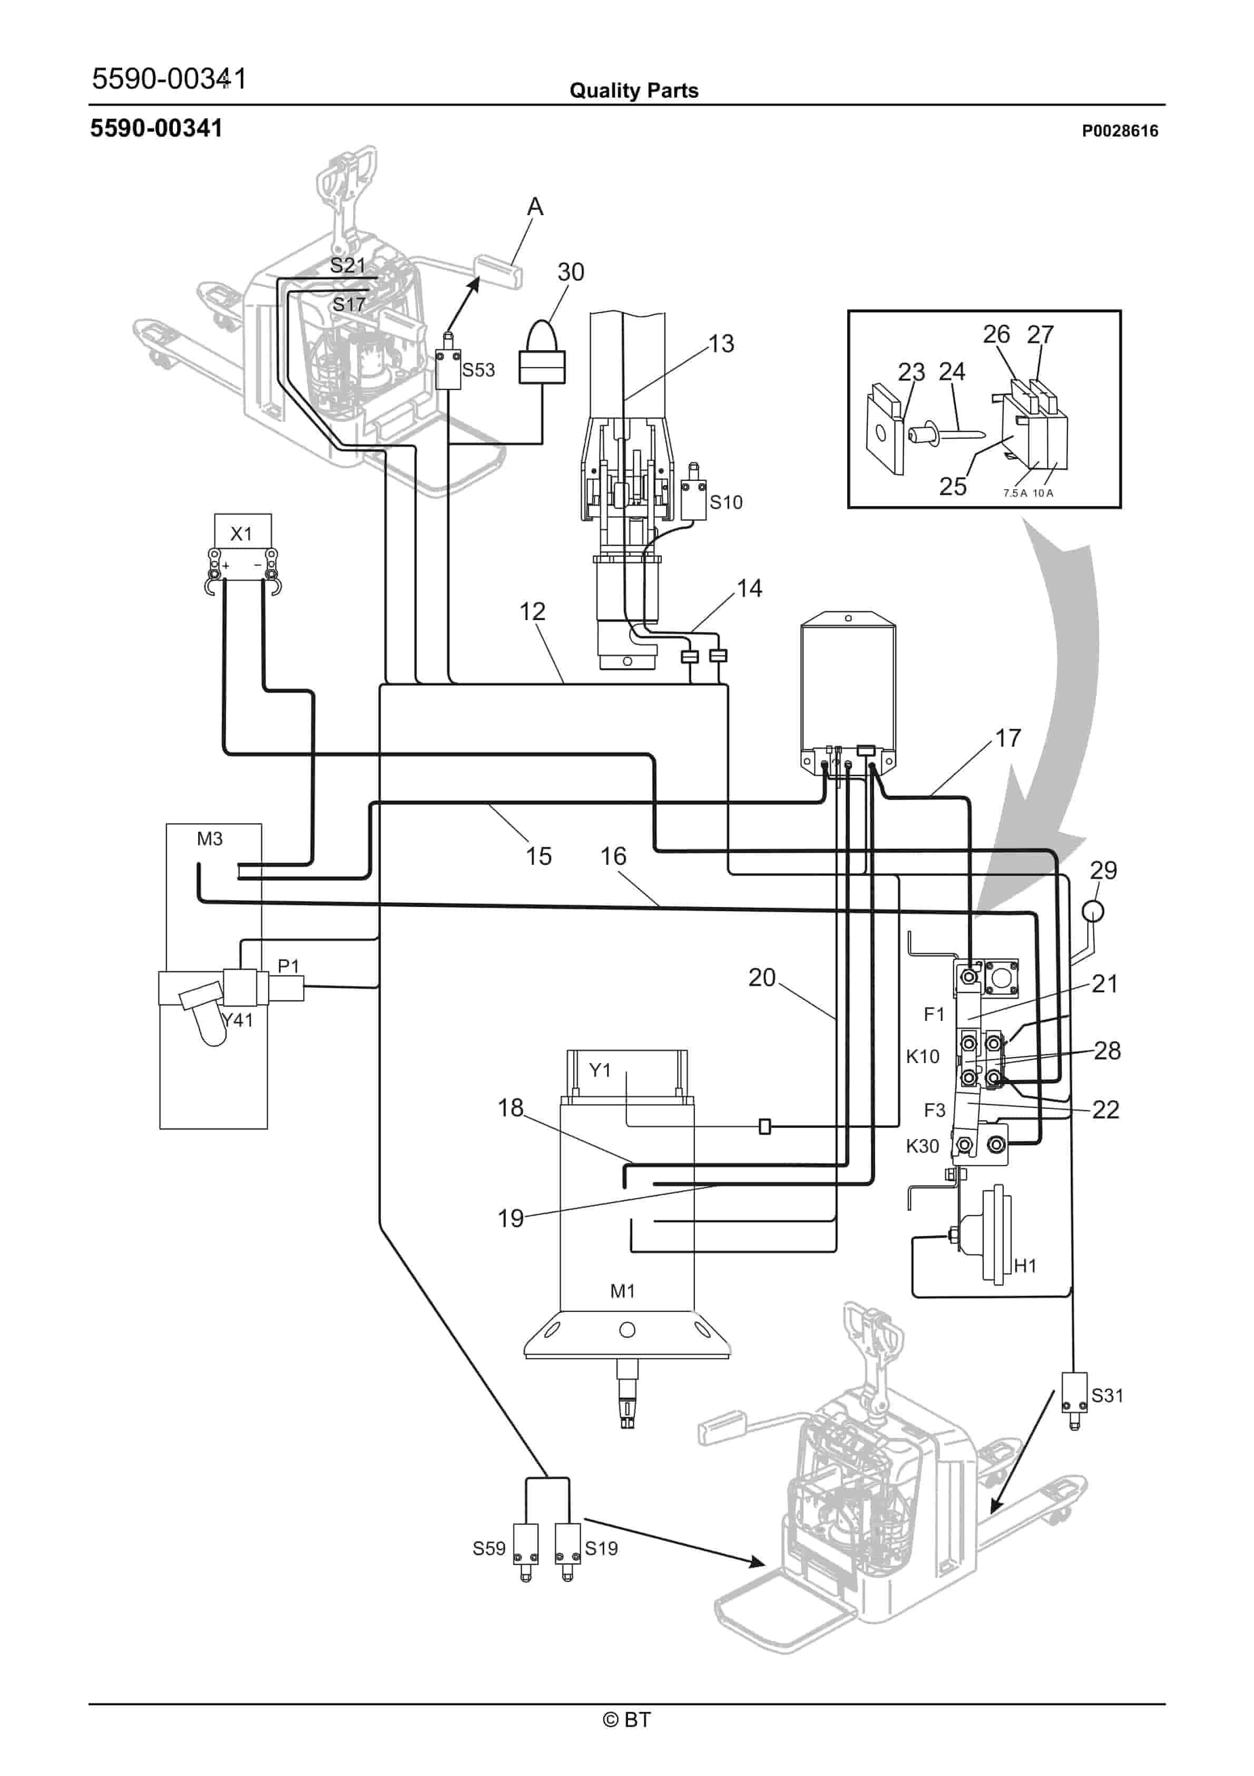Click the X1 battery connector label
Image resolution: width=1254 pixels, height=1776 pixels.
[x=241, y=534]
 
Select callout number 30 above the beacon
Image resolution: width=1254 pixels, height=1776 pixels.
[x=571, y=272]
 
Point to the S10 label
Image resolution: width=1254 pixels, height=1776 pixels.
[x=726, y=503]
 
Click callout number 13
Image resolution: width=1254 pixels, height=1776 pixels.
[x=721, y=344]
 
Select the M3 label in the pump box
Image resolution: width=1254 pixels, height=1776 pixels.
[x=210, y=838]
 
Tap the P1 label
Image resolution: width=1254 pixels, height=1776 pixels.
[x=288, y=966]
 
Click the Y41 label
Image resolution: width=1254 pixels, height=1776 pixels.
[x=238, y=1020]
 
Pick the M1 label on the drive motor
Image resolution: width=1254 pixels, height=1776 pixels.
[x=622, y=1291]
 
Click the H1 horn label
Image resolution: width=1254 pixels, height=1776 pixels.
[x=1025, y=1266]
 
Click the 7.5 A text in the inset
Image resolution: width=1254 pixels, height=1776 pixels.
[x=1015, y=493]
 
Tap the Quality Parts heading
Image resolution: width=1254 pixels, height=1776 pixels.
[x=633, y=91]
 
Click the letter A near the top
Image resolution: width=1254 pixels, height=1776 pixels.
[x=535, y=207]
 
